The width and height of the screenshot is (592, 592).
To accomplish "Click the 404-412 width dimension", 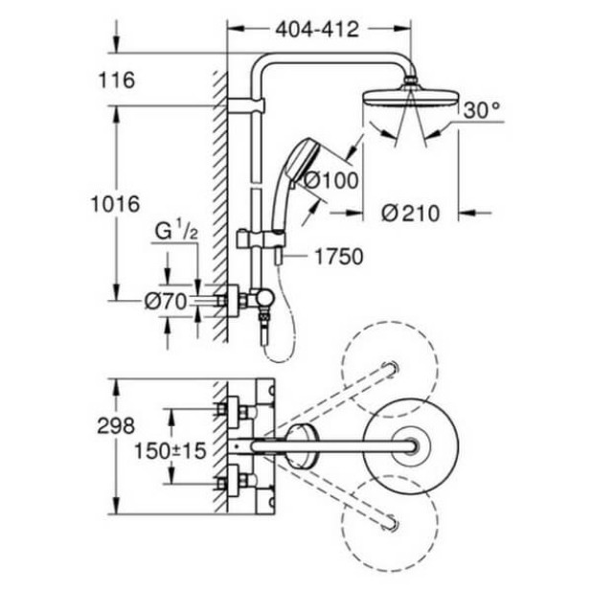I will coord(316,30).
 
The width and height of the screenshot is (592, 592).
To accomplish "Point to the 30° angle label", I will coord(482,112).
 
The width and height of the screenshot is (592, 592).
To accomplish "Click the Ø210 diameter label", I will coord(409,213).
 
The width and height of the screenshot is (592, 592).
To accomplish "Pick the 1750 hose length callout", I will coord(336,256).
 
